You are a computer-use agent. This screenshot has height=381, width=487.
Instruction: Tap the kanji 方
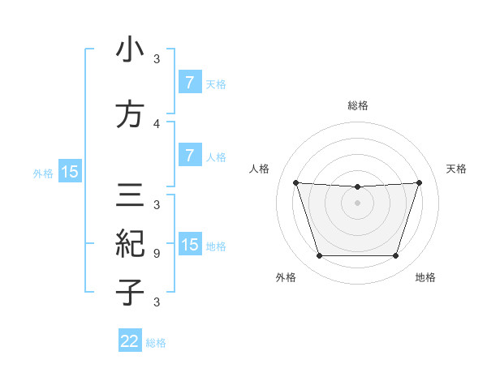pyautogui.click(x=130, y=115)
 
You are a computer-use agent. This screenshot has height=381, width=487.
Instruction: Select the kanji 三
pyautogui.click(x=130, y=195)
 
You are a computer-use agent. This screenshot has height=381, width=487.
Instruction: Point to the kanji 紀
pyautogui.click(x=130, y=243)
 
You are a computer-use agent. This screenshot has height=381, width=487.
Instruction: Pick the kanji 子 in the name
pyautogui.click(x=130, y=292)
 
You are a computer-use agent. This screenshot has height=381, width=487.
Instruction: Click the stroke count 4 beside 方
pyautogui.click(x=157, y=123)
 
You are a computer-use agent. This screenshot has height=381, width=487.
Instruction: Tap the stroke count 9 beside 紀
pyautogui.click(x=157, y=253)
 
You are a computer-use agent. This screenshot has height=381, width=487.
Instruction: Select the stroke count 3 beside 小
pyautogui.click(x=157, y=58)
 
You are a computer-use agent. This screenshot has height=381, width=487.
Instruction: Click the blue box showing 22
pyautogui.click(x=131, y=341)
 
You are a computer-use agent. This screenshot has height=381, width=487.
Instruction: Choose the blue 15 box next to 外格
pyautogui.click(x=69, y=171)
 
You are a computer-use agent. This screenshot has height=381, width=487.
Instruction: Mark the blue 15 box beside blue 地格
pyautogui.click(x=190, y=245)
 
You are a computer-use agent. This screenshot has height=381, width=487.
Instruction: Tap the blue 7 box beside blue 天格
pyautogui.click(x=189, y=82)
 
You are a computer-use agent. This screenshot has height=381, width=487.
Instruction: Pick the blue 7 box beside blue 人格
pyautogui.click(x=189, y=155)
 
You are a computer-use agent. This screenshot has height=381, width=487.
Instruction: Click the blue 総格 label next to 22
pyautogui.click(x=156, y=343)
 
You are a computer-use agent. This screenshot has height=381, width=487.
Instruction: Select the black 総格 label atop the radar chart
pyautogui.click(x=357, y=105)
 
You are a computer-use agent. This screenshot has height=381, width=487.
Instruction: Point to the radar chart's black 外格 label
pyautogui.click(x=285, y=277)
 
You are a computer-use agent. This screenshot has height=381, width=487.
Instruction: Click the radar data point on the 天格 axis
pyautogui.click(x=419, y=182)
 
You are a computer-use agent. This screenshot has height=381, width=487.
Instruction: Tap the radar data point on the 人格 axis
pyautogui.click(x=295, y=182)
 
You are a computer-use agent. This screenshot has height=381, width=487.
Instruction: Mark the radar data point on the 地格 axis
pyautogui.click(x=395, y=256)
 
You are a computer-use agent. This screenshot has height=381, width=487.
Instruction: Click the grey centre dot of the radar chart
pyautogui.click(x=357, y=203)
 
